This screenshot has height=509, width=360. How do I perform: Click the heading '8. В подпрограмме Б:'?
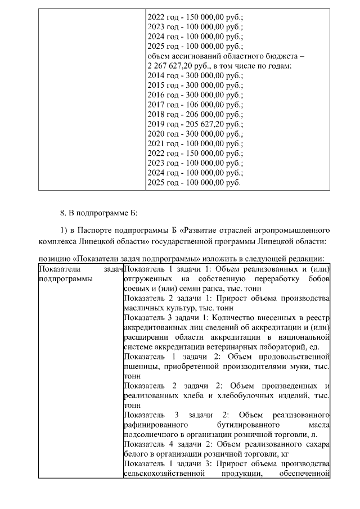point(98,214)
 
